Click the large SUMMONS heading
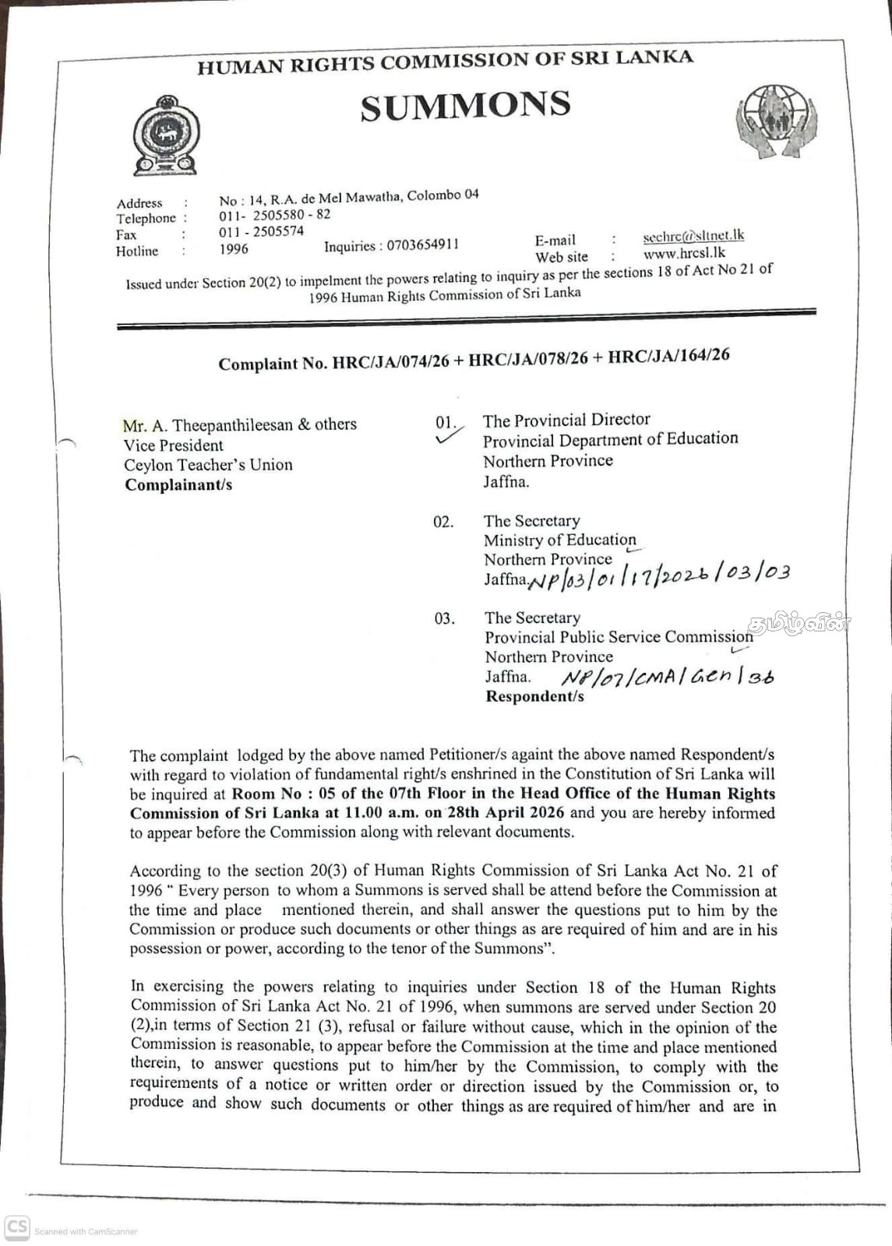pos(465,106)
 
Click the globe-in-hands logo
pos(776,121)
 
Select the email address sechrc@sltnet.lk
pos(693,236)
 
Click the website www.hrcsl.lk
pos(684,253)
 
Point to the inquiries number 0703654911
pos(423,245)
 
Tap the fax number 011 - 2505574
pos(261,231)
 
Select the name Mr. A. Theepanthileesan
pos(207,425)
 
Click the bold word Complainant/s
pos(178,484)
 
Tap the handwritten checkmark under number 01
pos(448,438)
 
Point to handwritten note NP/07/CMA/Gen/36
pos(668,677)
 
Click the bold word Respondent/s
pos(534,696)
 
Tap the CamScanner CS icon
pos(17,1228)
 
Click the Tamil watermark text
pos(798,623)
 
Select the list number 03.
pos(444,618)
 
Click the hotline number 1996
pos(234,249)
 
